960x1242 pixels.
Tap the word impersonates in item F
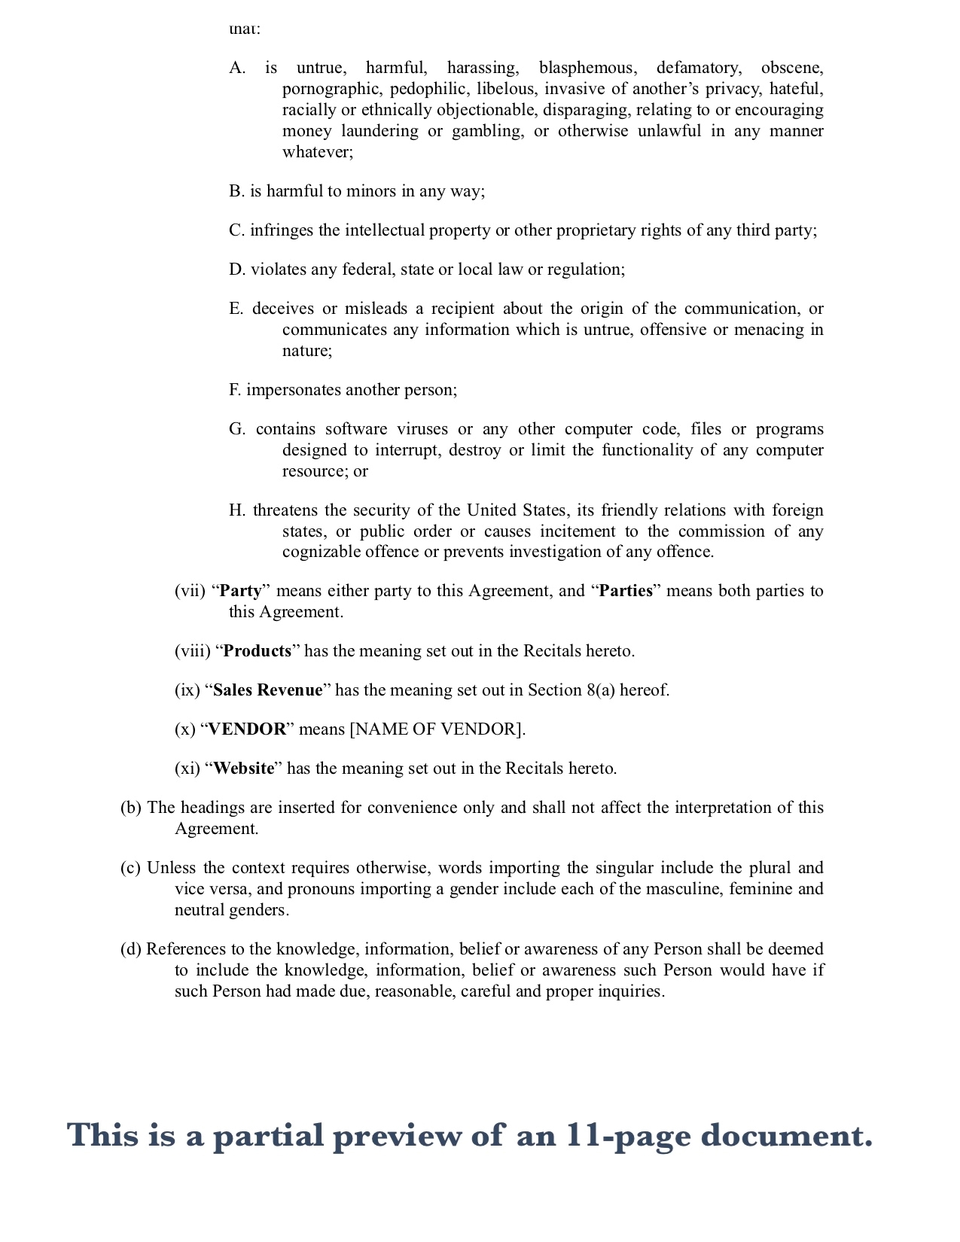coord(293,390)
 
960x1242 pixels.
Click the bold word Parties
coord(626,591)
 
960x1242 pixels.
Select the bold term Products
coord(258,651)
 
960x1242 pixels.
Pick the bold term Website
coord(244,769)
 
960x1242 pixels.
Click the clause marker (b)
coord(131,808)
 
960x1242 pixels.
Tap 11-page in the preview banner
coord(629,1135)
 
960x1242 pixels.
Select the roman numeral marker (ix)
coord(187,690)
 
